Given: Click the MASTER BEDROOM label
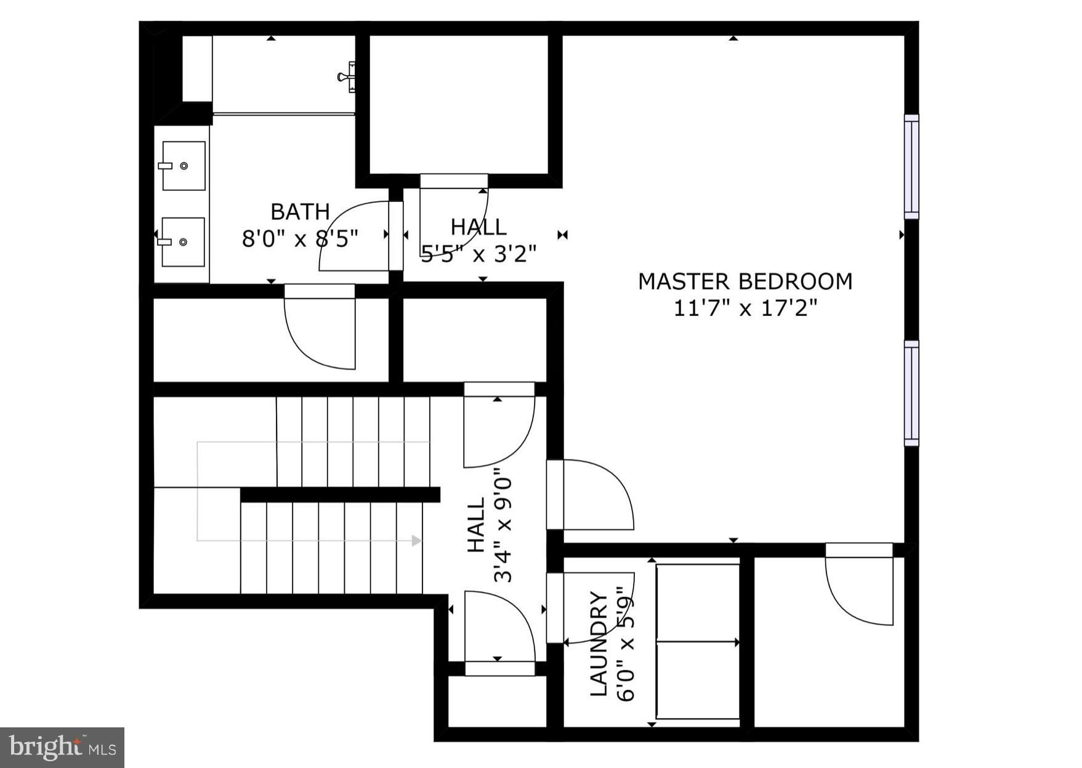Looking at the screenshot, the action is (x=745, y=281).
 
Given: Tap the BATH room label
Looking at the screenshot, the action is (x=300, y=212).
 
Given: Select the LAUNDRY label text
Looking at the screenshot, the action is (x=599, y=644).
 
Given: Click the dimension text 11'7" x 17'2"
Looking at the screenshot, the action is (x=745, y=307).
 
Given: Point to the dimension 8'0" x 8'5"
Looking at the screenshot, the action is (x=300, y=238).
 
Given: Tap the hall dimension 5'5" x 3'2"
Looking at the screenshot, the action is (x=478, y=253).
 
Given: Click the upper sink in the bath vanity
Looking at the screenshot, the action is (x=184, y=166).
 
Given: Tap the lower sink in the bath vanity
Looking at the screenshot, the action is (x=183, y=242).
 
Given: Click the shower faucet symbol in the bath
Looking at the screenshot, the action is (x=347, y=77).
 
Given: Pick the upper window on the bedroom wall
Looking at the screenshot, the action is (x=911, y=166).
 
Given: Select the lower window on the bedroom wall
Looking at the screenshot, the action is (x=911, y=393).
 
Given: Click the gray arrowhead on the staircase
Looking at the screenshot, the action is (x=417, y=541).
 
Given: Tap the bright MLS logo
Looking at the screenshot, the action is (x=62, y=748).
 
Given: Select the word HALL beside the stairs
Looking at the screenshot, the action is (x=477, y=525).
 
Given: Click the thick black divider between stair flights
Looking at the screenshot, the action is (x=340, y=495).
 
